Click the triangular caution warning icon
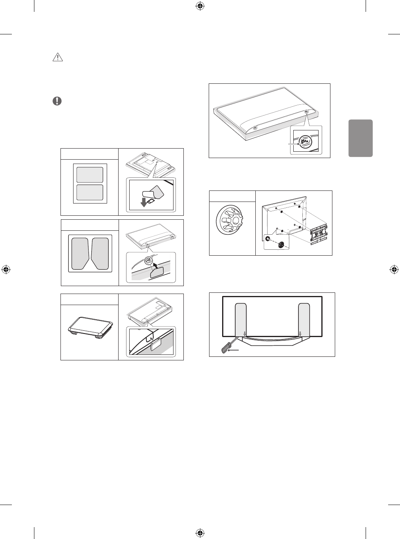pyautogui.click(x=58, y=58)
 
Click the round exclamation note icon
pyautogui.click(x=57, y=101)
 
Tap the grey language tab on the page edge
pyautogui.click(x=361, y=138)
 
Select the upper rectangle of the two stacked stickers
pyautogui.click(x=90, y=174)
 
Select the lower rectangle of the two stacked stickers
pyautogui.click(x=90, y=192)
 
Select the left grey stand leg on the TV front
pyautogui.click(x=240, y=320)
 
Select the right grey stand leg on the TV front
pyautogui.click(x=304, y=320)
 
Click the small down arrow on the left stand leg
pyautogui.click(x=245, y=333)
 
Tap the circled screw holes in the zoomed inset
pyautogui.click(x=305, y=140)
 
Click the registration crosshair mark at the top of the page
pyautogui.click(x=200, y=6)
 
